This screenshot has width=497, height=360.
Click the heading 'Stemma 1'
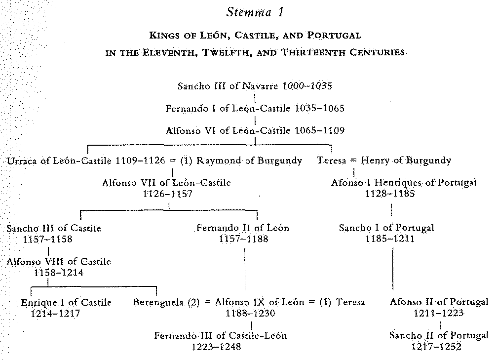[x=255, y=12]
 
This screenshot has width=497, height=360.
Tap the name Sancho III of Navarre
[x=228, y=86]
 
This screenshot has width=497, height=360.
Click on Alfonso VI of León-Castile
[x=228, y=131]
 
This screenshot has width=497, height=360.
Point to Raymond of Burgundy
[x=249, y=161]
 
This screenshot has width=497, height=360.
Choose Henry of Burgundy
[x=406, y=160]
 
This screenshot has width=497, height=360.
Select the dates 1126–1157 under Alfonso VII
[x=167, y=194]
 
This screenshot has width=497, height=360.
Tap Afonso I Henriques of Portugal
[x=404, y=183]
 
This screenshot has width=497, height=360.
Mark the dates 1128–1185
[x=389, y=194]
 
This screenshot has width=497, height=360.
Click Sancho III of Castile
[x=54, y=228]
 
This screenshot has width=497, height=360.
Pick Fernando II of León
[x=243, y=228]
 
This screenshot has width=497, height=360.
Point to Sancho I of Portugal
[x=386, y=228]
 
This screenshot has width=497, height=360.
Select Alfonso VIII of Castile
[x=59, y=262]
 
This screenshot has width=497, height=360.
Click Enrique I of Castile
[x=66, y=302]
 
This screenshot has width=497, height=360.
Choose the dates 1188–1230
[x=250, y=314]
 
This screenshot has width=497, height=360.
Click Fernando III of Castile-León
[x=221, y=336]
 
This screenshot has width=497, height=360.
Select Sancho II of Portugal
[x=439, y=336]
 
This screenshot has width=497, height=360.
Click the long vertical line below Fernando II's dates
[x=245, y=269]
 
